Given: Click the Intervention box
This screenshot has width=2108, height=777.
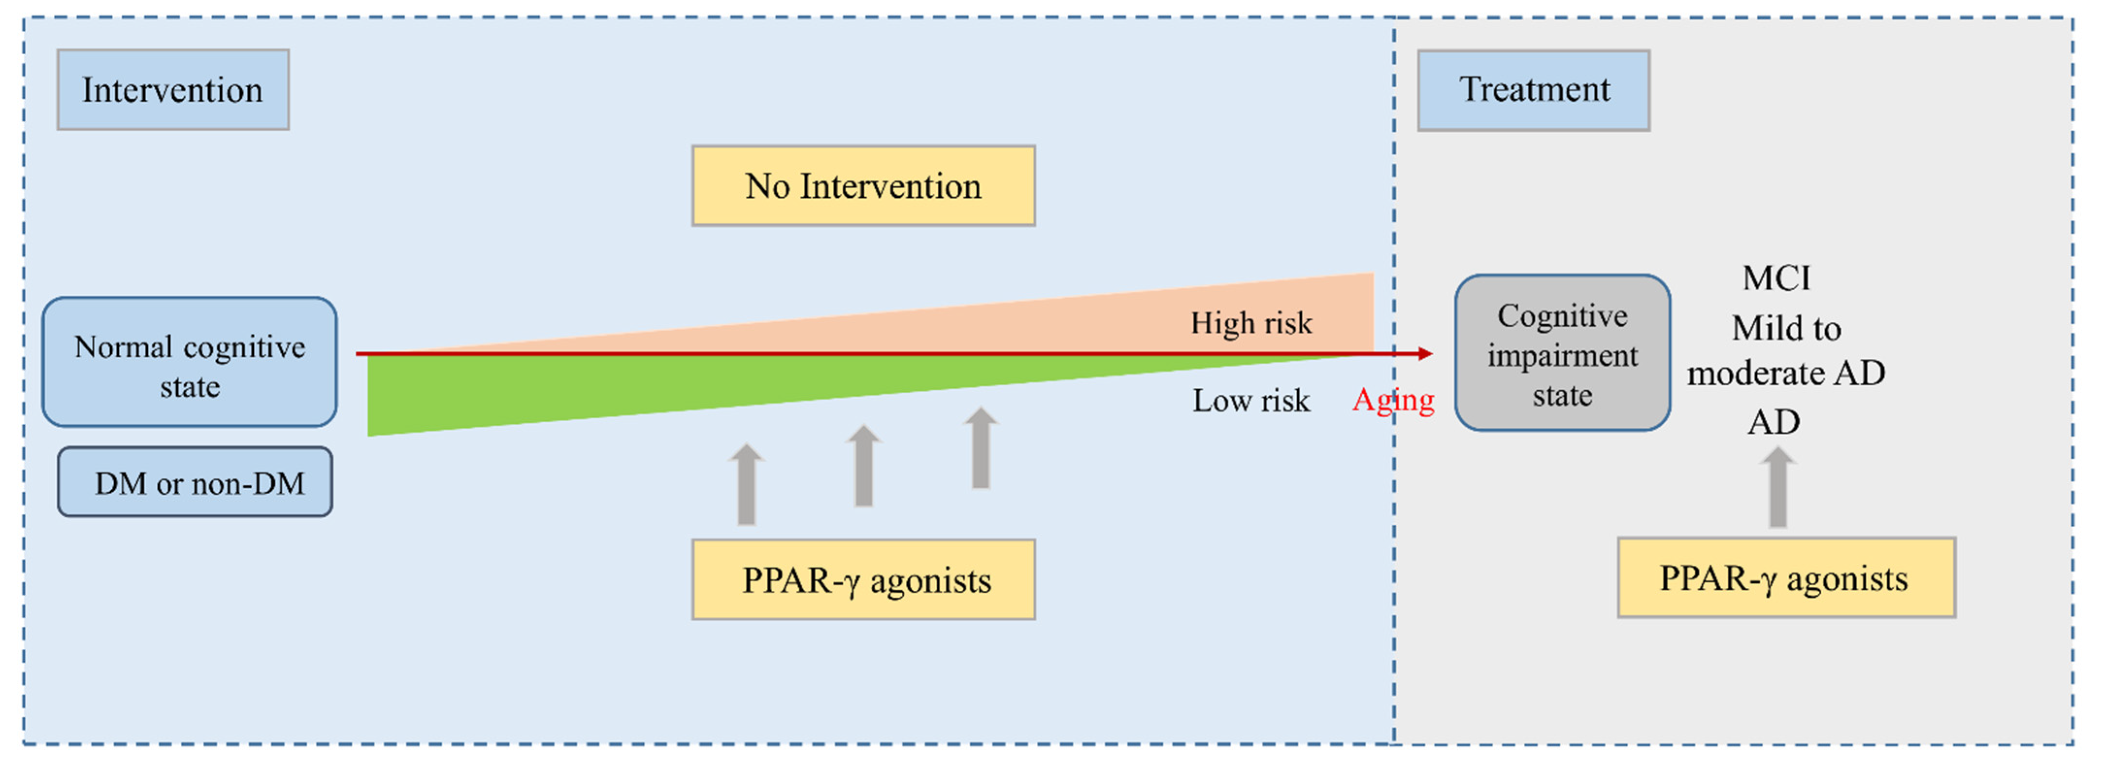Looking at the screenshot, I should coord(173,90).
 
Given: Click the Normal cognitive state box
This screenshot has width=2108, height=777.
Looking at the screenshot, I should coord(189,363).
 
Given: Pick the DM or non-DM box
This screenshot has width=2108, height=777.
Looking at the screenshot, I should coord(195,483).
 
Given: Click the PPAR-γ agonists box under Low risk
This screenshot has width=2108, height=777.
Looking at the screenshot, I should coord(863,579).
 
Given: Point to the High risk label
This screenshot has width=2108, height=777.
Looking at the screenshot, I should coord(1250,323).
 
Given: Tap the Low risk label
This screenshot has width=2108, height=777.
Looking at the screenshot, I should coord(1250,401).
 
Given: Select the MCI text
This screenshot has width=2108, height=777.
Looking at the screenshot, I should coord(1776,278).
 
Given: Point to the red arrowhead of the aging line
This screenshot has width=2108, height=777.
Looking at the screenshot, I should coord(1425,353).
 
